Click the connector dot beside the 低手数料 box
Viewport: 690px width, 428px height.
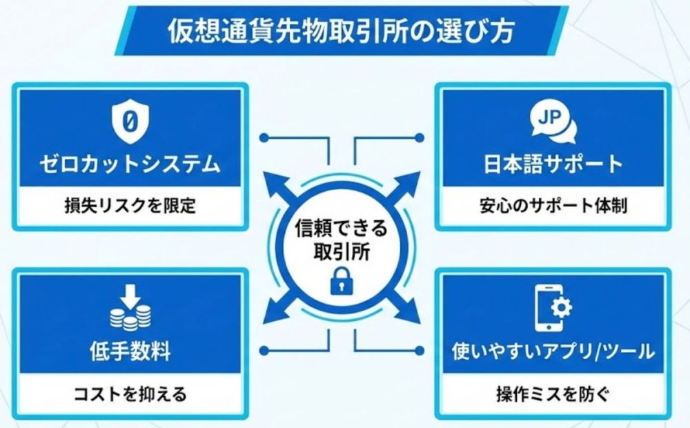point(264,351)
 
